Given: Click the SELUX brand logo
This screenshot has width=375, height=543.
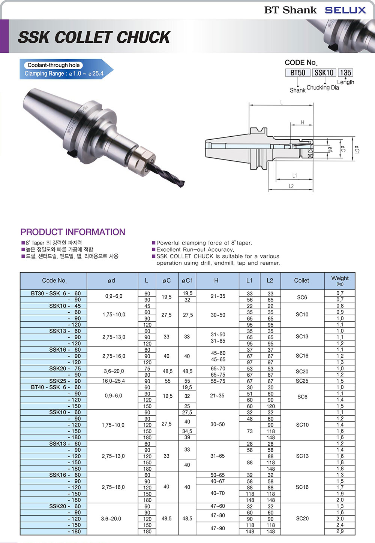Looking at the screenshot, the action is pos(345,10).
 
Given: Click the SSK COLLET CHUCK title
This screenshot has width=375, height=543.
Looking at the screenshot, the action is pos(94,37).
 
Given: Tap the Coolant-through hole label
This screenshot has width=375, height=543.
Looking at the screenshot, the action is pos(53,65).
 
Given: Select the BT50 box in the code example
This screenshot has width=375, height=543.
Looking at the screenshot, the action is pos(298,73).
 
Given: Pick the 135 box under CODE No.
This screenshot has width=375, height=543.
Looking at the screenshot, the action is pos(345,73).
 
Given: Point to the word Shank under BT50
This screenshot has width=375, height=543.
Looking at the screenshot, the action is pos(298,90).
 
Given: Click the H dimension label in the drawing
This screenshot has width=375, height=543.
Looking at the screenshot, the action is pos(302,122).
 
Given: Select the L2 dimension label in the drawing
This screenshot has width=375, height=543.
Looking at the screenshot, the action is pos(291,186).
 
